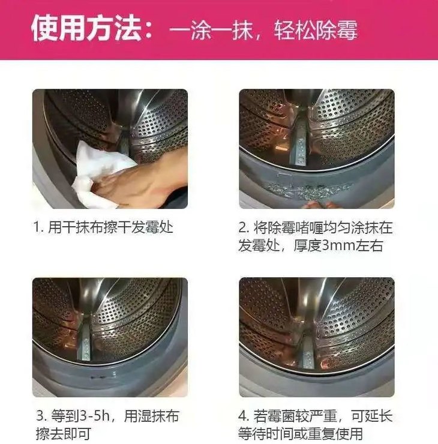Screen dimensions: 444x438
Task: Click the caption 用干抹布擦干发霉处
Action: [x=111, y=228]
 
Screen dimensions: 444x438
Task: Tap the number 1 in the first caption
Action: [x=37, y=228]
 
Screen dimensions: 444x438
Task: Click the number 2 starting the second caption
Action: [x=243, y=228]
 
